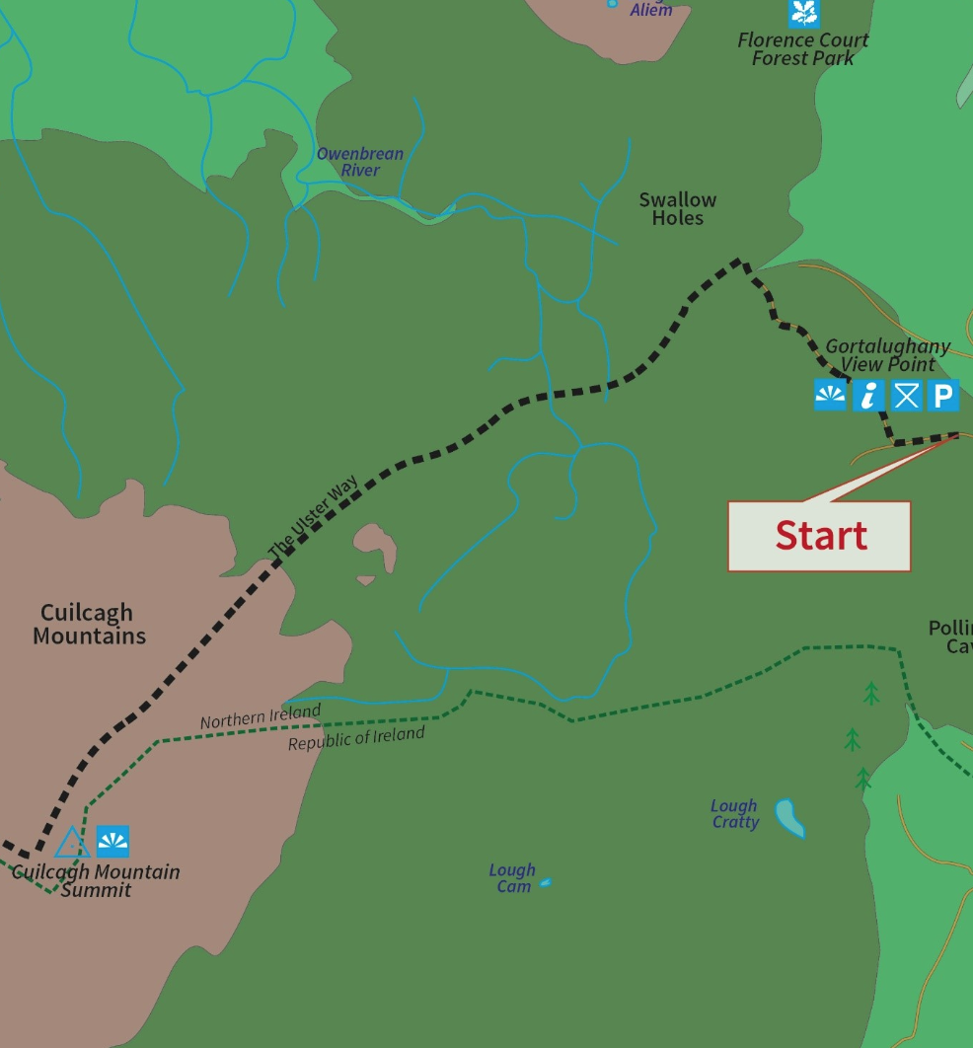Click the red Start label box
pyautogui.click(x=819, y=536)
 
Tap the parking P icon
pyautogui.click(x=942, y=396)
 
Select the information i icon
pyautogui.click(x=868, y=396)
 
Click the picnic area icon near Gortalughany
pyautogui.click(x=906, y=396)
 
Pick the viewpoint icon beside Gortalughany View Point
pyautogui.click(x=830, y=396)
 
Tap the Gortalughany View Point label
pyautogui.click(x=886, y=355)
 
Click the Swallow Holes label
pyautogui.click(x=677, y=209)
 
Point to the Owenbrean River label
pyautogui.click(x=360, y=162)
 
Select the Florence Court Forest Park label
pyautogui.click(x=803, y=48)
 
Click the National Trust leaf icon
pyautogui.click(x=804, y=13)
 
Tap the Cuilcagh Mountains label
pyautogui.click(x=89, y=625)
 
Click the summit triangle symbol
pyautogui.click(x=72, y=843)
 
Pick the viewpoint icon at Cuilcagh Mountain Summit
pyautogui.click(x=112, y=842)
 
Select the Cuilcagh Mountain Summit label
pyautogui.click(x=96, y=881)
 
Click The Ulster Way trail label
pyautogui.click(x=313, y=516)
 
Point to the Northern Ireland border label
pyautogui.click(x=261, y=717)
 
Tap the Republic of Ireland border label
pyautogui.click(x=356, y=739)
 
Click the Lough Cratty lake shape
pyautogui.click(x=789, y=817)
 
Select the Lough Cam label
pyautogui.click(x=513, y=878)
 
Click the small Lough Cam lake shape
pyautogui.click(x=546, y=882)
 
